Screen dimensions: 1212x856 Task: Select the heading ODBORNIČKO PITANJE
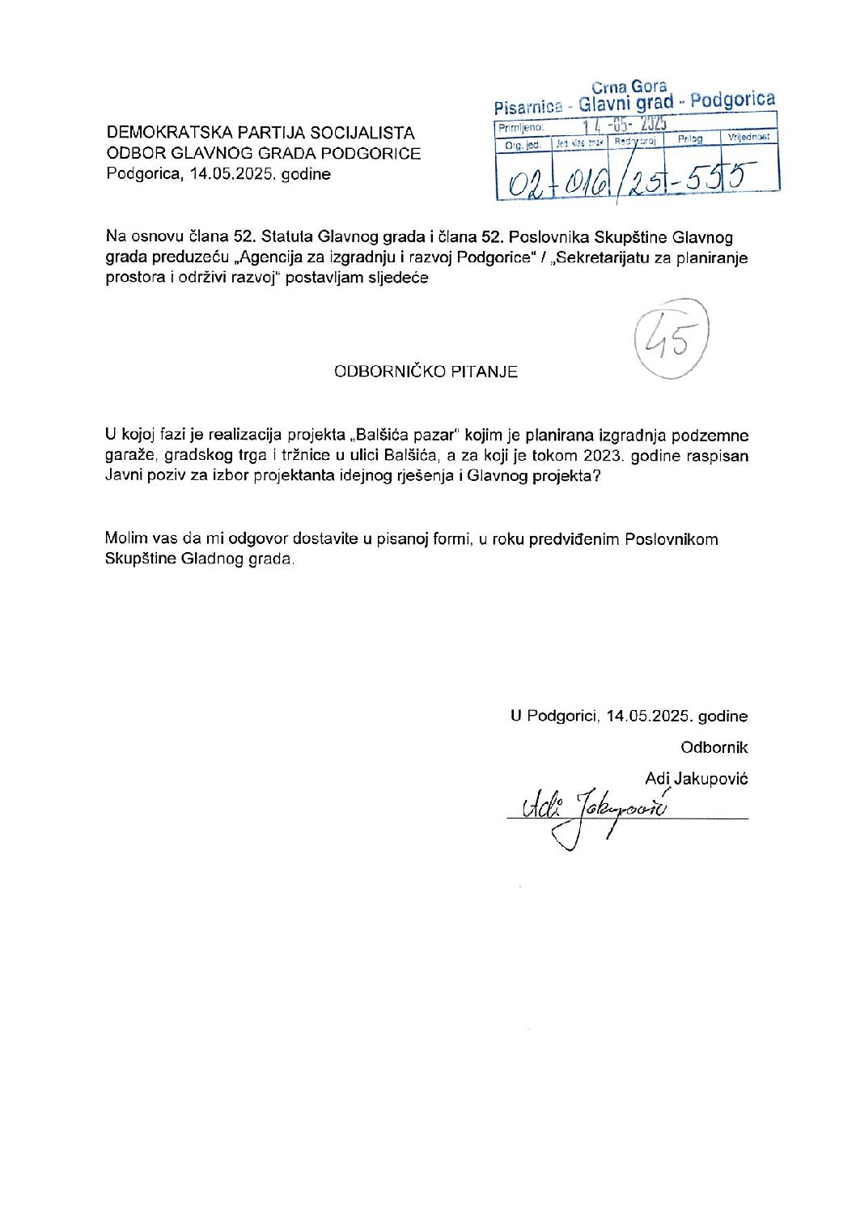426,372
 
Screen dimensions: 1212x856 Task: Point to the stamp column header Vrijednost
748,138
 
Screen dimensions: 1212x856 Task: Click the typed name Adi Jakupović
696,778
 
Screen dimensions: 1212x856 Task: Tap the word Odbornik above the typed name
714,747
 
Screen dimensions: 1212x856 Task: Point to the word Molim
125,539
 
